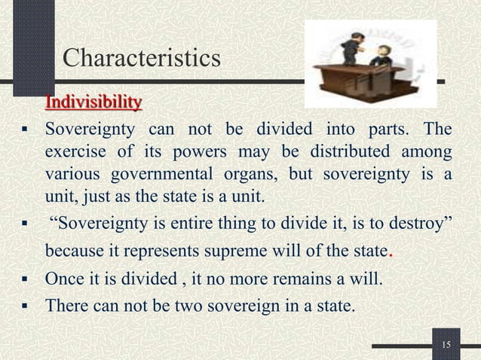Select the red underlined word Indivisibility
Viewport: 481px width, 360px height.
click(94, 101)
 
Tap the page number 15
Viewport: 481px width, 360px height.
click(446, 345)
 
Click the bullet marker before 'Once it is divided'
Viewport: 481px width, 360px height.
click(25, 282)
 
